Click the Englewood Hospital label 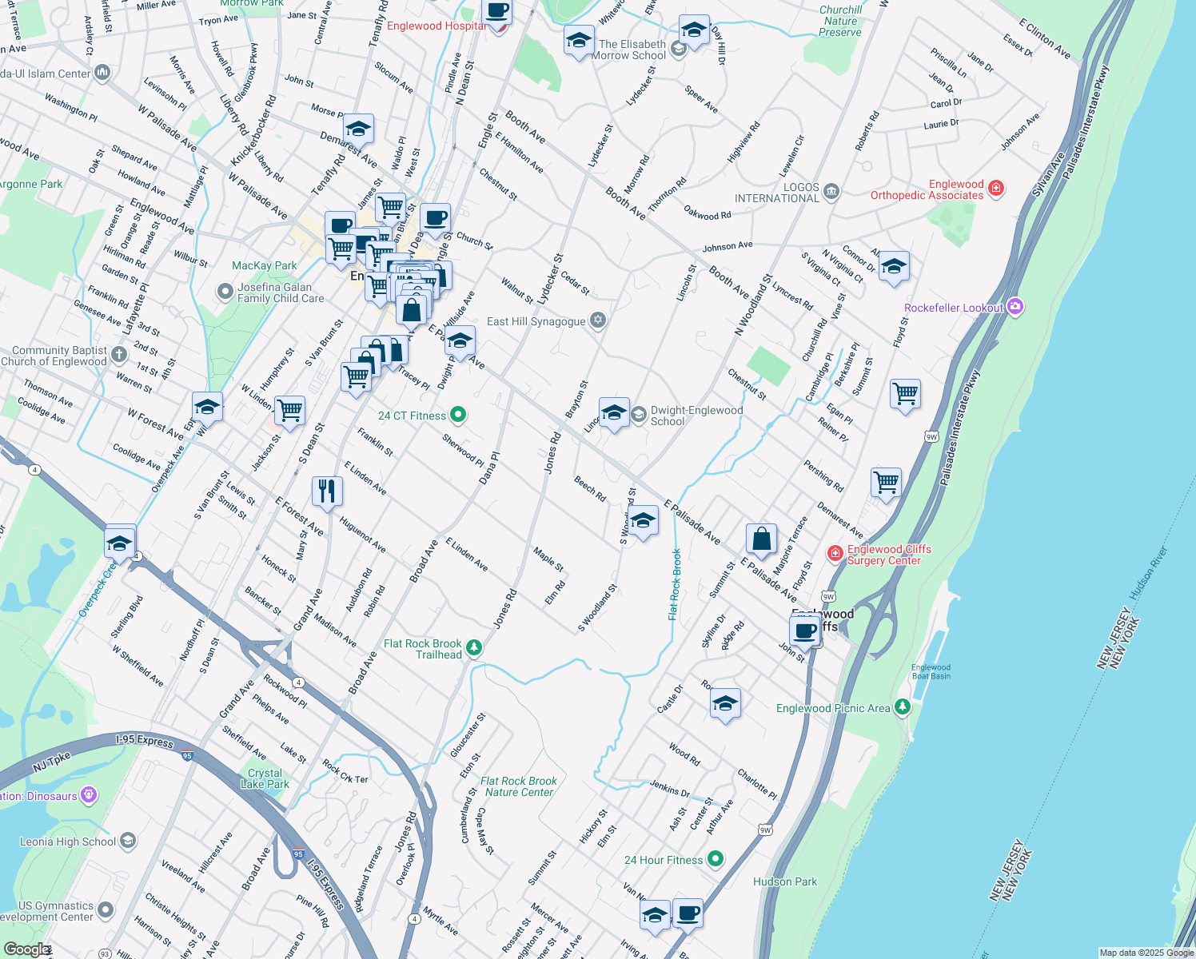[436, 26]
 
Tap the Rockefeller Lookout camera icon [1015, 307]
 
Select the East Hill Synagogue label [536, 321]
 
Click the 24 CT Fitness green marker [458, 415]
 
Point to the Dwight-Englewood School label [696, 416]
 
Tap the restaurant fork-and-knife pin [326, 491]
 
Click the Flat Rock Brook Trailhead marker [474, 647]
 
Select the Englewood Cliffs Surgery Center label [889, 555]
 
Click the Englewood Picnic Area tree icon [903, 707]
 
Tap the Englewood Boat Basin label [931, 671]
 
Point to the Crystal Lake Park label [265, 778]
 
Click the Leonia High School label [68, 842]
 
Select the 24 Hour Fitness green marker [716, 859]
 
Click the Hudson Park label [785, 881]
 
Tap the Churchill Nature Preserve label [840, 22]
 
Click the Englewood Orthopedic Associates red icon [996, 189]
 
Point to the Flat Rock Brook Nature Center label [519, 786]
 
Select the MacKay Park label [264, 265]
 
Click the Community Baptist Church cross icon [119, 354]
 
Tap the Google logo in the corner [26, 949]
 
